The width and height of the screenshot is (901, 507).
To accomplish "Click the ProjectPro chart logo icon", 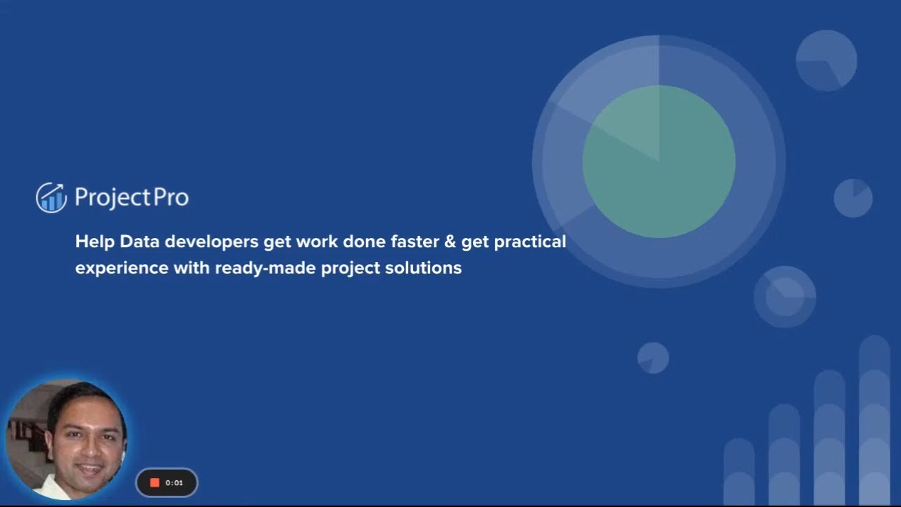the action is click(51, 197).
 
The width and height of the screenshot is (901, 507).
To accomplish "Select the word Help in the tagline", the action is click(94, 242).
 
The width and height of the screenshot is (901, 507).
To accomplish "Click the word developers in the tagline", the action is click(212, 242).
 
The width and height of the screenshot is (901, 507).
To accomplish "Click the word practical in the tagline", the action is click(530, 242).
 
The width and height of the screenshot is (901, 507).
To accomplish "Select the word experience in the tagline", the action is click(122, 268).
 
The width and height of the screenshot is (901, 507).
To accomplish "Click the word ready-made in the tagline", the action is click(265, 268).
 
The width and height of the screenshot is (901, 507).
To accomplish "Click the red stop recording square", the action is click(155, 482).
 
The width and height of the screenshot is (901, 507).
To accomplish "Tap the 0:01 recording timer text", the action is click(174, 482).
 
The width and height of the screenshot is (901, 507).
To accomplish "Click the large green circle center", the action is click(659, 161).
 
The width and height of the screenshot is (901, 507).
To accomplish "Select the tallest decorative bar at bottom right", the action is click(874, 420).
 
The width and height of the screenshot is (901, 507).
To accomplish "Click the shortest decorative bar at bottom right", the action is click(739, 472).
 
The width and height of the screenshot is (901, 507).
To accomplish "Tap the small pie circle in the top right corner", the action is click(826, 61).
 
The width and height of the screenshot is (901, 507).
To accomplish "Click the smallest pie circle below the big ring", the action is click(653, 358).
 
